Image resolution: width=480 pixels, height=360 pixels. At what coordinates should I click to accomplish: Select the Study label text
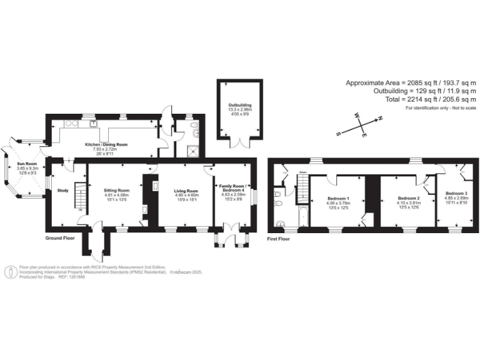click(62, 191)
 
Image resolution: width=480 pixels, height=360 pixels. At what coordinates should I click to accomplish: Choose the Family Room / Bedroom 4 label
click(235, 188)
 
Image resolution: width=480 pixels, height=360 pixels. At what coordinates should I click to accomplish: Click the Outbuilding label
click(239, 104)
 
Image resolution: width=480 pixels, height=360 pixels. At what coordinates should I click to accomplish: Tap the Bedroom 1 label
click(338, 198)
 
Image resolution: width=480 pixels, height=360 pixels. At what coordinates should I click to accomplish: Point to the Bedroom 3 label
click(456, 194)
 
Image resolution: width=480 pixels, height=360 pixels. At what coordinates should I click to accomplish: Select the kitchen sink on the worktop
click(93, 123)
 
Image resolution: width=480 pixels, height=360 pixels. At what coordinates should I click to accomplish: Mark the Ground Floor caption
click(60, 238)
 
